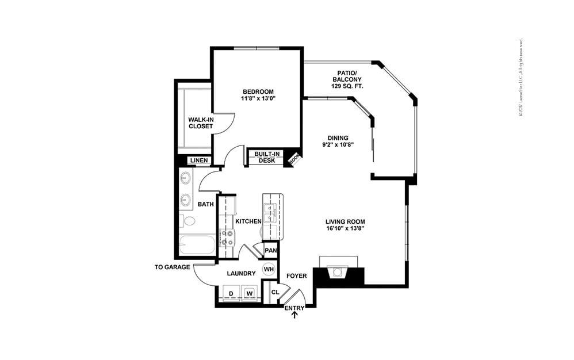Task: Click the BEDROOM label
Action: tap(258, 92)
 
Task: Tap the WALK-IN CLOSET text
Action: tap(200, 123)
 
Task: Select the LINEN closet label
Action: tap(199, 160)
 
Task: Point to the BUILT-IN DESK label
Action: tap(267, 157)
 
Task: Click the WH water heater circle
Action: tap(269, 269)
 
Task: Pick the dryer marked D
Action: tap(231, 293)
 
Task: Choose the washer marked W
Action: tap(250, 293)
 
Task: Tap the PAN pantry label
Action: tap(270, 250)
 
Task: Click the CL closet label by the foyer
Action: tap(275, 292)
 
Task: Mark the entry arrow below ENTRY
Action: tap(295, 316)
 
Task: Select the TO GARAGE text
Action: tap(173, 267)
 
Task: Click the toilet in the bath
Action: tap(187, 221)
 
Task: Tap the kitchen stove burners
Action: tap(227, 237)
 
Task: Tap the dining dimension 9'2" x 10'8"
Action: tap(337, 145)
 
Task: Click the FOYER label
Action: tap(297, 276)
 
